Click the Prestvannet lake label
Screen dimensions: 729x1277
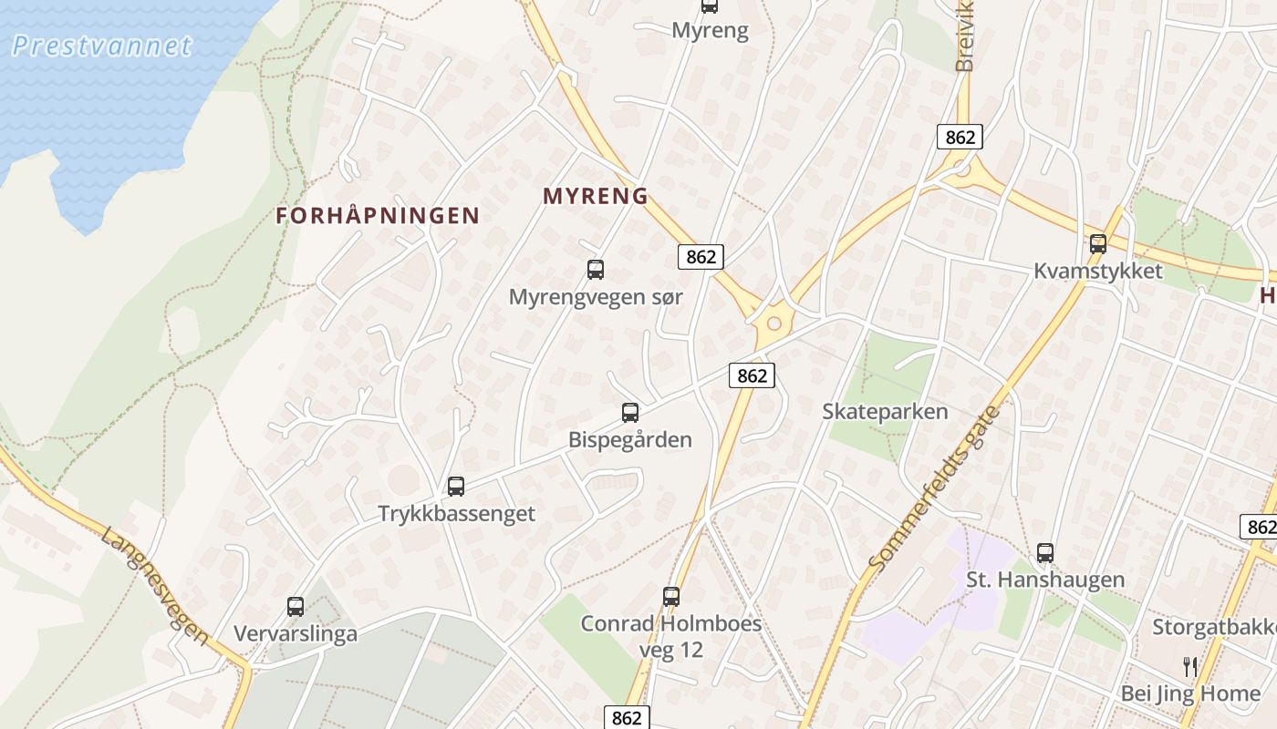tap(101, 46)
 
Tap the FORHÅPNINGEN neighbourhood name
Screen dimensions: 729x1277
tap(378, 216)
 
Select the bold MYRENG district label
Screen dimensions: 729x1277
tap(596, 196)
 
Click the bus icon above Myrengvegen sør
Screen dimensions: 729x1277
tap(596, 270)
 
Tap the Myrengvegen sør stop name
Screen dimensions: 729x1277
tap(596, 297)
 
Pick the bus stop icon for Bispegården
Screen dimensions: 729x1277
tap(630, 413)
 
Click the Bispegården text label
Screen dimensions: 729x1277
tap(630, 440)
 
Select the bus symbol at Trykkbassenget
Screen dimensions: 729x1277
tap(456, 487)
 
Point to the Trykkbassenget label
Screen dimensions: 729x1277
tap(456, 514)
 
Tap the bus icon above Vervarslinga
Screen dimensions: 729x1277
tap(296, 607)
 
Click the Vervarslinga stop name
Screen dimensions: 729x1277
tap(296, 634)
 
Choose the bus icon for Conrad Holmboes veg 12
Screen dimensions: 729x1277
tap(671, 597)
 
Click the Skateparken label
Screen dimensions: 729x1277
tap(885, 412)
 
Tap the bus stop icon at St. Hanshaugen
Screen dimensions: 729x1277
tap(1045, 553)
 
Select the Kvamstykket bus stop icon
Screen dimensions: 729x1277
tap(1098, 244)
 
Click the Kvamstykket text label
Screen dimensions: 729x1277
tap(1098, 272)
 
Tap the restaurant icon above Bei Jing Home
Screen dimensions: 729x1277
tap(1189, 667)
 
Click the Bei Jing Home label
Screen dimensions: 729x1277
tap(1189, 694)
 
